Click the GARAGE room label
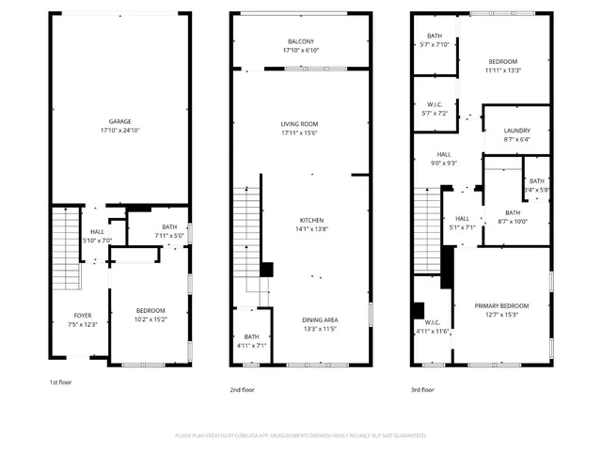pos(119,121)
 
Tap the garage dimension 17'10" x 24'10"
pos(119,131)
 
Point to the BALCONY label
pos(301,41)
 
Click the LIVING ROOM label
pos(300,124)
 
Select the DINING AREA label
pos(320,319)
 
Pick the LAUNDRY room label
pos(517,131)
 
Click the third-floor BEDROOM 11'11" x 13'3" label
pos(503,65)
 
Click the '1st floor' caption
pos(61,382)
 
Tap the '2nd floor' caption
pos(243,389)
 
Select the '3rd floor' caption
pos(421,389)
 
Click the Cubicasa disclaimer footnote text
pos(301,435)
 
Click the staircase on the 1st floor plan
pos(63,249)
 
